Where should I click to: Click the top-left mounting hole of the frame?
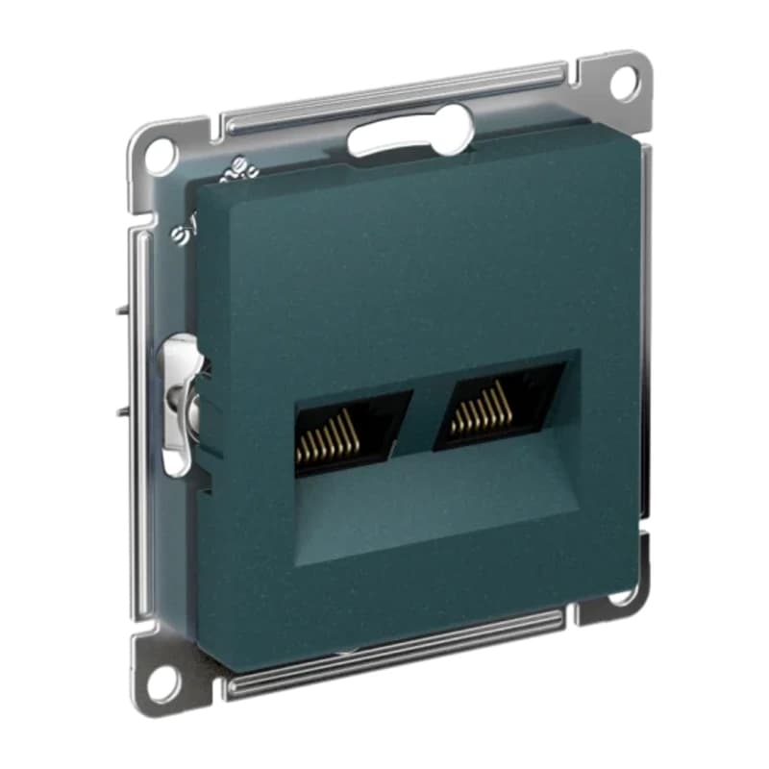pyautogui.click(x=160, y=151)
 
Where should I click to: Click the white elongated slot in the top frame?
pyautogui.click(x=409, y=135)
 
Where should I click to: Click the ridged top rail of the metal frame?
pyautogui.click(x=394, y=97)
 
